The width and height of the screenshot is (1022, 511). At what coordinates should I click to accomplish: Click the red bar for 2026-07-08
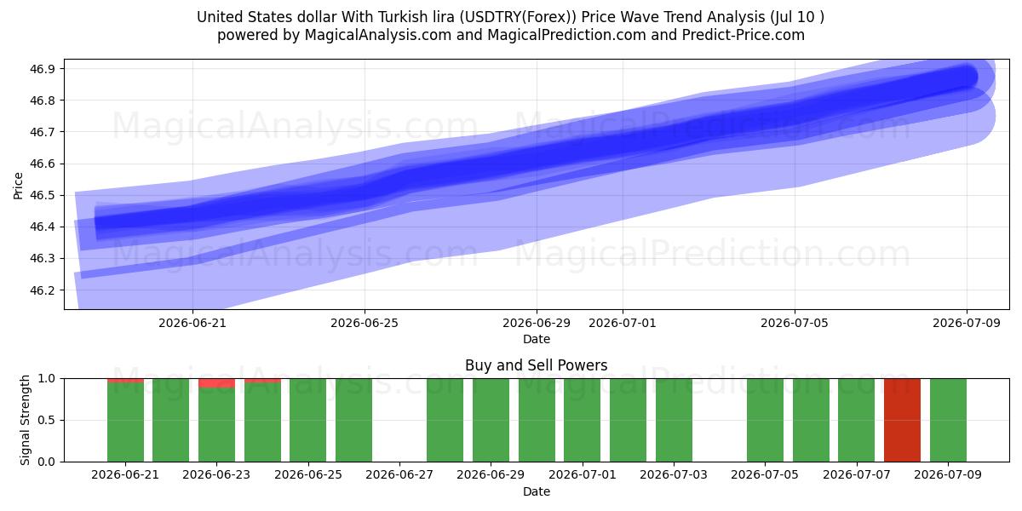[902, 420]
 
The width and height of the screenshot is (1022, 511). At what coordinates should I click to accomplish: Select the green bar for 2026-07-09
[948, 420]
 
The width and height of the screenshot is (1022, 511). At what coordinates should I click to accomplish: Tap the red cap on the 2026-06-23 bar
[216, 382]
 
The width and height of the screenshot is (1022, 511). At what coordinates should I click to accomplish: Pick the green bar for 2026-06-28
[445, 420]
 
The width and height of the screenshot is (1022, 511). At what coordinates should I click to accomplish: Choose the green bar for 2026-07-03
[674, 420]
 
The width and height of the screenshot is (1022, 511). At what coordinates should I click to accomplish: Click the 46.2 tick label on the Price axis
[43, 290]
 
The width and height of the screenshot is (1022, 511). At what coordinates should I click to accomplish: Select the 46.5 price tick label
[43, 195]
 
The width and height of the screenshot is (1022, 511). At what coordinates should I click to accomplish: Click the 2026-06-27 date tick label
[399, 474]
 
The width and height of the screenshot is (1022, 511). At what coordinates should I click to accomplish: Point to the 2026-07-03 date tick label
[674, 474]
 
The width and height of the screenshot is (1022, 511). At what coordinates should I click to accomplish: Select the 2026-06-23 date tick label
[216, 474]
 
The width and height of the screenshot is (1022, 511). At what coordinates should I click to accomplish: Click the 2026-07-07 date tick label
[857, 474]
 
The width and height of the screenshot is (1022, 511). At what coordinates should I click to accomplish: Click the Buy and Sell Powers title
[536, 365]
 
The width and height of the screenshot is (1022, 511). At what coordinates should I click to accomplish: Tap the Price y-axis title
[18, 187]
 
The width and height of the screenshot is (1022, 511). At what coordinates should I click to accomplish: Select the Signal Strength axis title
[25, 420]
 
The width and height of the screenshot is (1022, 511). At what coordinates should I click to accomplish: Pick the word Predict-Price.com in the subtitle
[744, 35]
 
